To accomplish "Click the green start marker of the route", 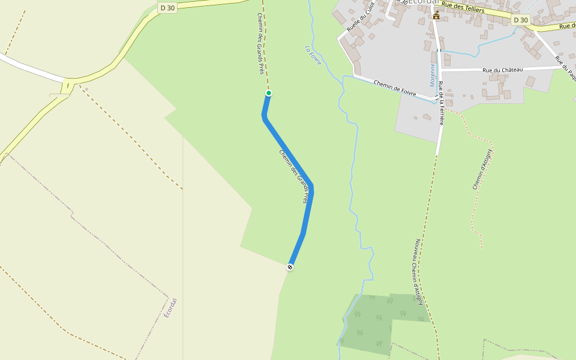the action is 269,93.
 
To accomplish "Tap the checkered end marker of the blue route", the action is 290,267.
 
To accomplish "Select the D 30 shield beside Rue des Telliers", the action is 521,20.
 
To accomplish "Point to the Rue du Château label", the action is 503,70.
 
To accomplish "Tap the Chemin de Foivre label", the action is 395,86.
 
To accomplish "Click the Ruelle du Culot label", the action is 360,17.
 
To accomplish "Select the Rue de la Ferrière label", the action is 441,103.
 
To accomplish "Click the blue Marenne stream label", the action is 432,75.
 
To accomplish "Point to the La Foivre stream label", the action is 313,55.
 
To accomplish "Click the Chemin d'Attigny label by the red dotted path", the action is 482,169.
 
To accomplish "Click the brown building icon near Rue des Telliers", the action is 436,15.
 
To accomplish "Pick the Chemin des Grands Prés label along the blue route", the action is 296,176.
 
